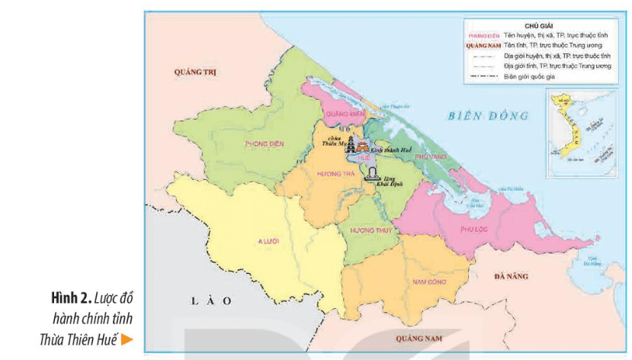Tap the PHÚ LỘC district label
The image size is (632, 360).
point(473,228)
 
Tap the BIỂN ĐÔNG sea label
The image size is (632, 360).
point(488,116)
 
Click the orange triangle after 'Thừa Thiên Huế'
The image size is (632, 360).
point(127,339)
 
